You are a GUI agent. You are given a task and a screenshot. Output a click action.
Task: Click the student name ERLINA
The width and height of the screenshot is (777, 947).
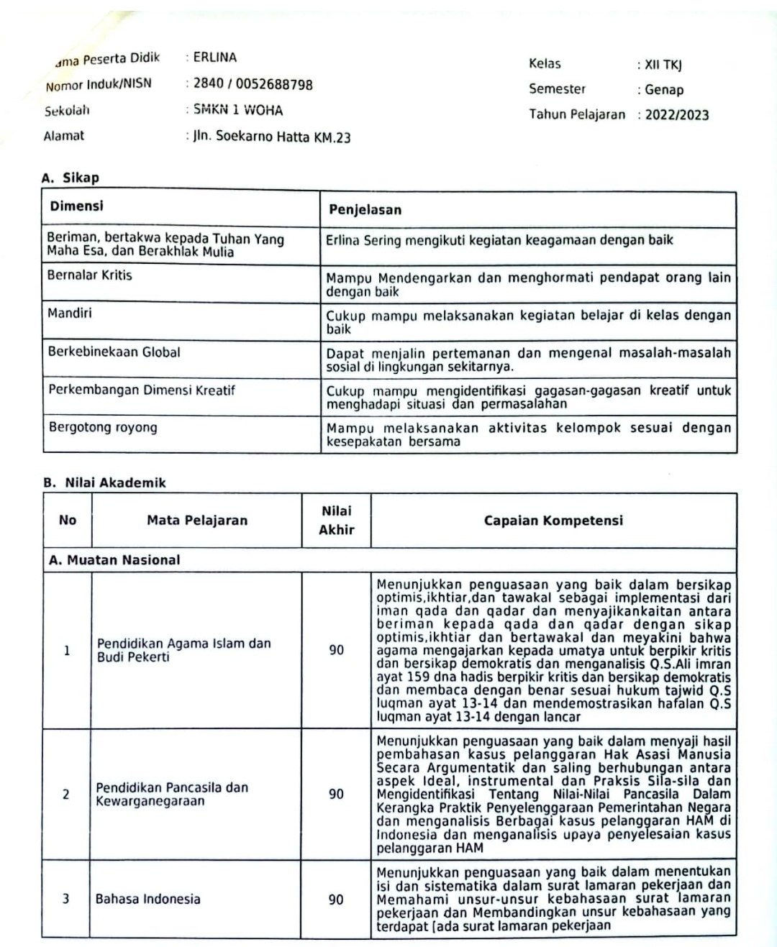click(x=214, y=58)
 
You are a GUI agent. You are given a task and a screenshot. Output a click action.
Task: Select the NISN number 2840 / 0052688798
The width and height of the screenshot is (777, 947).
click(x=253, y=84)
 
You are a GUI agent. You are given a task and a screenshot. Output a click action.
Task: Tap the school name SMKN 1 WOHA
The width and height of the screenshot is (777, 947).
click(x=237, y=110)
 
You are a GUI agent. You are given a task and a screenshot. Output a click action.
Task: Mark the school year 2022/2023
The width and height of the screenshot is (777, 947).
click(x=676, y=115)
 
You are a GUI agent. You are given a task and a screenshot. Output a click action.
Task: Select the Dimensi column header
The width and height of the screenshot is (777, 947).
click(x=76, y=206)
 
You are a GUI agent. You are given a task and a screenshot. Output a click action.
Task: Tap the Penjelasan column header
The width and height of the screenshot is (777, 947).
click(x=365, y=210)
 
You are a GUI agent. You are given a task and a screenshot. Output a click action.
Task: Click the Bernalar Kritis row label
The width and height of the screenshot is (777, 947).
click(x=90, y=275)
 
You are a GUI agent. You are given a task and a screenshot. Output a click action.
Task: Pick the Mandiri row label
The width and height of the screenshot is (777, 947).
click(x=69, y=313)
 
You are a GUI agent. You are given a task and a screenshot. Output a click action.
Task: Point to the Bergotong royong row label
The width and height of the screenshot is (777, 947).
click(x=102, y=427)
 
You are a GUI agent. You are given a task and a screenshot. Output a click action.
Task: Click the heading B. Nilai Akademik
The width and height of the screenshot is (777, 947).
click(x=104, y=482)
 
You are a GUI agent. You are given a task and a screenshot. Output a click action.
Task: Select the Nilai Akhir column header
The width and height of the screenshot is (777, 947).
click(x=336, y=521)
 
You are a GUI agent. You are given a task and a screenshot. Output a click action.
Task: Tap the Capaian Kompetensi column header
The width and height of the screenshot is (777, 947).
click(x=553, y=521)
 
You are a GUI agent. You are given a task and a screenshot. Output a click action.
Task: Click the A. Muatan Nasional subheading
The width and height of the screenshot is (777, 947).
click(x=114, y=559)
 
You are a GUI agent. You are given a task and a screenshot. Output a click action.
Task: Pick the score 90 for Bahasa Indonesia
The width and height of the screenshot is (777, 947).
click(x=336, y=900)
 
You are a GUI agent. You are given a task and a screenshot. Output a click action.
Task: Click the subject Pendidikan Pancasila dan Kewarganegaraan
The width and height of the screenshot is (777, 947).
click(x=172, y=794)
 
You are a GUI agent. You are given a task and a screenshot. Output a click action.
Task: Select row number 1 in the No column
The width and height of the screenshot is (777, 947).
click(x=67, y=651)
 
